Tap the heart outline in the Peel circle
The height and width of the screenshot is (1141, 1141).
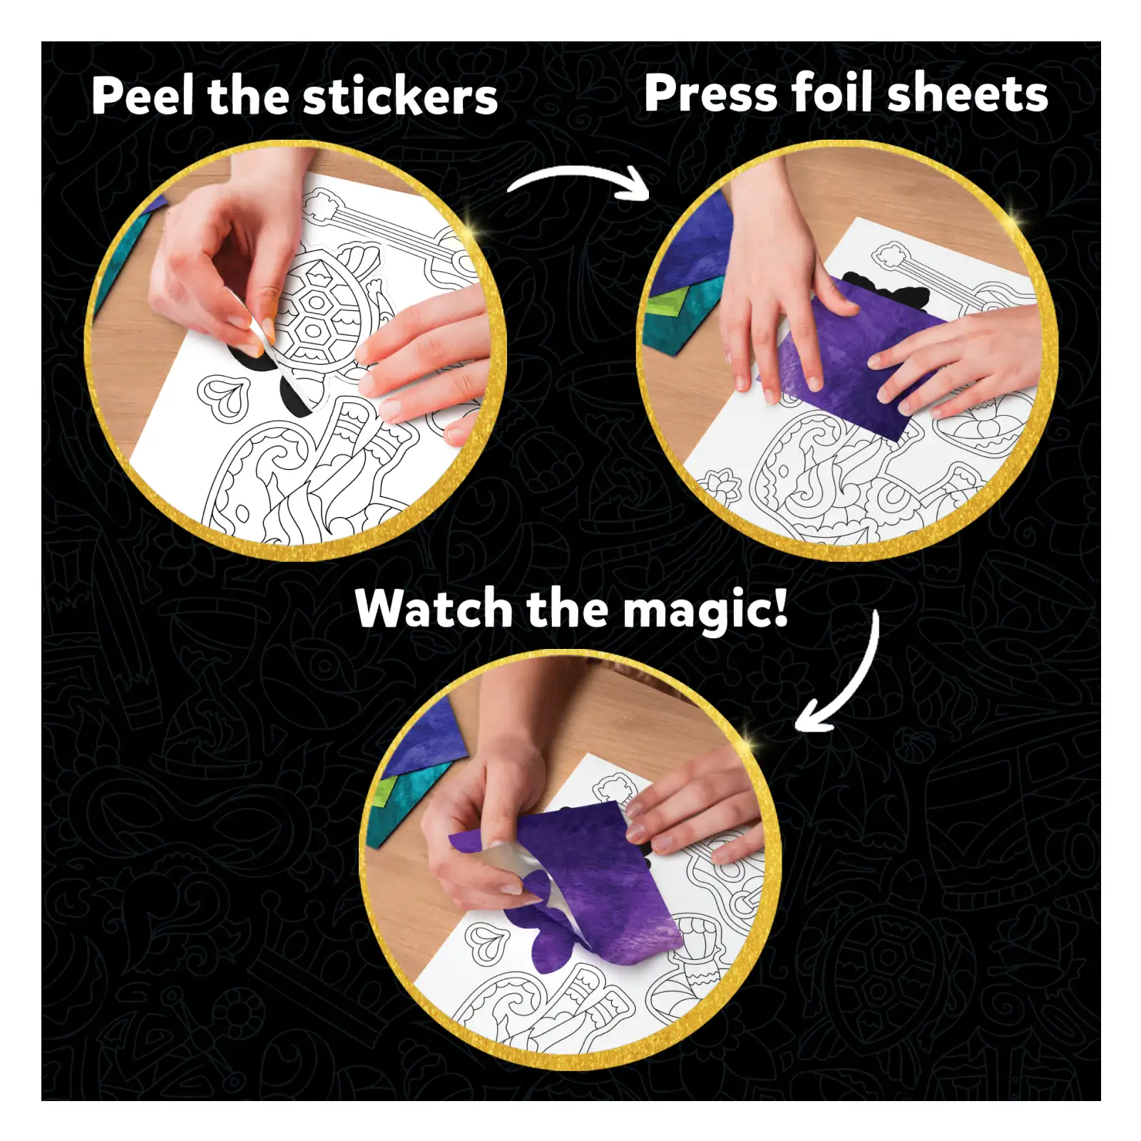225,396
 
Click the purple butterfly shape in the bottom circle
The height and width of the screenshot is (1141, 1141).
553,934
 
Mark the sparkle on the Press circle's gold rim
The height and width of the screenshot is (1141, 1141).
1016,214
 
